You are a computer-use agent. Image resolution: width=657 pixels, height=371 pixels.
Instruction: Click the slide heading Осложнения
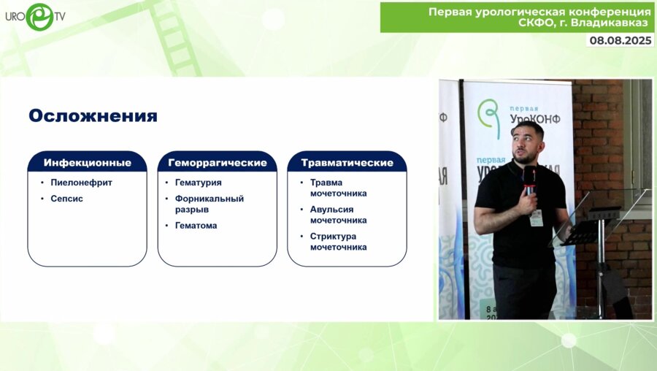93,115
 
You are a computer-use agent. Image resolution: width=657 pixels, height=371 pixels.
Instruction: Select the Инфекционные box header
87,162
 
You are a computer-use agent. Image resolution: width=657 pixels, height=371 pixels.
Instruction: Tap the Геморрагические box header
217,162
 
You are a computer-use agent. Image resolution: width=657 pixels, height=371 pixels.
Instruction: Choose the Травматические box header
347,162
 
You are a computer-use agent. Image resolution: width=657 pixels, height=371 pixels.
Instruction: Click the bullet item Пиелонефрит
81,183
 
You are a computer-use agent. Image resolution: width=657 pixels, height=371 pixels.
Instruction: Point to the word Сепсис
66,199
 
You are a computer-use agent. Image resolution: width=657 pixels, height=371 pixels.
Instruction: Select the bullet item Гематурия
198,183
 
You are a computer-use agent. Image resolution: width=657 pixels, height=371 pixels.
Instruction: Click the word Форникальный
209,199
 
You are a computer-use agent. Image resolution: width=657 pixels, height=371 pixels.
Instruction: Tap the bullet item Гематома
196,226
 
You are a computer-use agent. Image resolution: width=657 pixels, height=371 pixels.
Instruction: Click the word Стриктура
333,237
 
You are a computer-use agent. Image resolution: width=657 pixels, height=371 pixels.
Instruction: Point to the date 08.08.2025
620,40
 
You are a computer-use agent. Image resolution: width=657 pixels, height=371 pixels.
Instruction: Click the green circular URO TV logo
40,17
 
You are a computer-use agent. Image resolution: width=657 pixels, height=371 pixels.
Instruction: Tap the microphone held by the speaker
530,180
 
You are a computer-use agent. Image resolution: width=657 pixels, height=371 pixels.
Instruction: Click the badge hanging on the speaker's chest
537,218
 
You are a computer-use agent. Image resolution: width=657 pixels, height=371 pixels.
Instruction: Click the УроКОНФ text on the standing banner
535,119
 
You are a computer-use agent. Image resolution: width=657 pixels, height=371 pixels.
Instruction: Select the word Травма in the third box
326,183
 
